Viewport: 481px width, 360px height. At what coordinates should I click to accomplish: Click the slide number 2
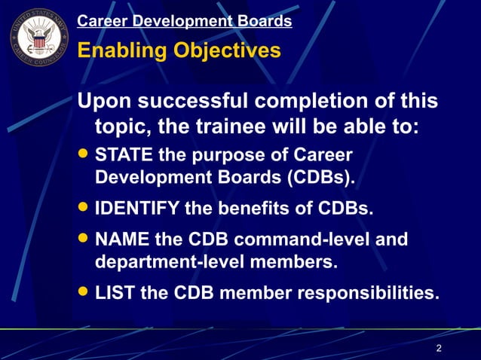439,348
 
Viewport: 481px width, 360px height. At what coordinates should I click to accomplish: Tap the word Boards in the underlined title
264,21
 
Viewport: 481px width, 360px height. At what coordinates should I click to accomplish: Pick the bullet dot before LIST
84,291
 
